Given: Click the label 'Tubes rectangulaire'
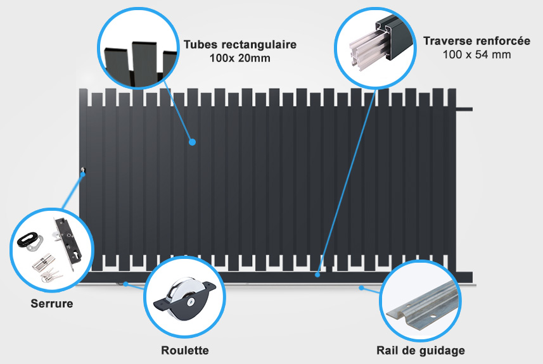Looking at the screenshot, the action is pos(240,45).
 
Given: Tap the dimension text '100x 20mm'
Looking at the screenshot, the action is pos(240,58).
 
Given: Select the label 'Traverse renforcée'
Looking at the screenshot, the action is pos(477,41).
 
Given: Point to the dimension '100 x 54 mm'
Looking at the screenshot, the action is pos(477,54).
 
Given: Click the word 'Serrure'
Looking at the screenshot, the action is pos(52,303).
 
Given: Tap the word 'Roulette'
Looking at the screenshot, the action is pos(185,350).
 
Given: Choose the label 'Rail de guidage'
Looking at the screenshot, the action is pos(421,351).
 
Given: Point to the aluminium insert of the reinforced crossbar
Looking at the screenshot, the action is pos(367,49).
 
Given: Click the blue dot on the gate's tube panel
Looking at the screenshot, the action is pos(193,142).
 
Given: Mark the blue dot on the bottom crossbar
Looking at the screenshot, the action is pos(317,275).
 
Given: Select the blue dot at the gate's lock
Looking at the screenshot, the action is pos(83,174).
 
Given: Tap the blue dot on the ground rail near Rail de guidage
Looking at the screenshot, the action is pos(361,287).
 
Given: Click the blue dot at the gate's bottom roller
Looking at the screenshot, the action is pos(125,284).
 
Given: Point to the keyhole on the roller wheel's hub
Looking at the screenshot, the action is pos(190,302).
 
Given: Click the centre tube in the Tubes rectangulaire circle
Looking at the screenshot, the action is pos(144,63).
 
